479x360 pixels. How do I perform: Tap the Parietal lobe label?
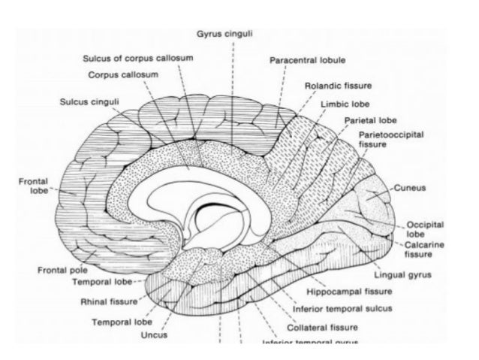tap(370, 120)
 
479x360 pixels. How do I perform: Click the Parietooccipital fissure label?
tap(392, 137)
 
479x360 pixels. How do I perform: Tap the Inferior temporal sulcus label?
tap(345, 308)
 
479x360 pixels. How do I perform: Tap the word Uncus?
tap(153, 334)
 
